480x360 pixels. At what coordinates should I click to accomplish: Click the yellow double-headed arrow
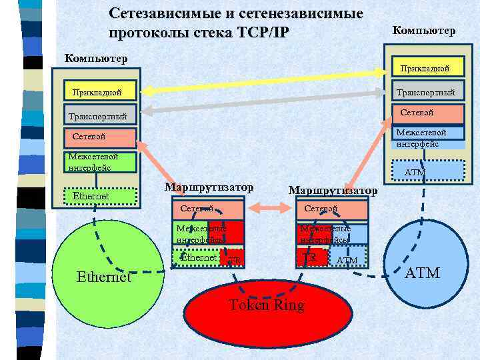[260, 89]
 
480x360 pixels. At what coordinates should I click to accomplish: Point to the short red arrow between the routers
[271, 209]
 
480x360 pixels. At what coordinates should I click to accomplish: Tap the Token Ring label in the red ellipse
[267, 305]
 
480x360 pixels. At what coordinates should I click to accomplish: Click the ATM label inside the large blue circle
[423, 272]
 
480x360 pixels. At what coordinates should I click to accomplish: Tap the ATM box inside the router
[348, 259]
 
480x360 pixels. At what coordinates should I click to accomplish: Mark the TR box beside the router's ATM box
[311, 257]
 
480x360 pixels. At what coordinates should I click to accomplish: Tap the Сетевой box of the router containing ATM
[333, 209]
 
